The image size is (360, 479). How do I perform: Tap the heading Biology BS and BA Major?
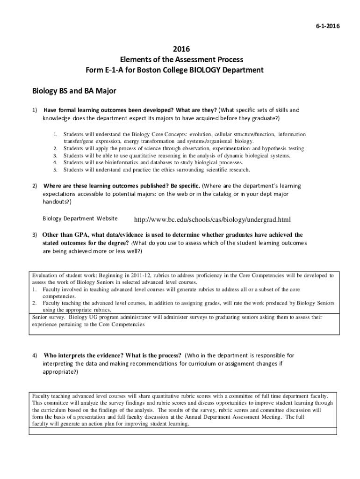coord(74,90)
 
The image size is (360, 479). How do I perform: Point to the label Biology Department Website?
coord(80,218)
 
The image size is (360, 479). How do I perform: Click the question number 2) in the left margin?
coord(35,186)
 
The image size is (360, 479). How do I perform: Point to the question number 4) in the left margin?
coord(35,356)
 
